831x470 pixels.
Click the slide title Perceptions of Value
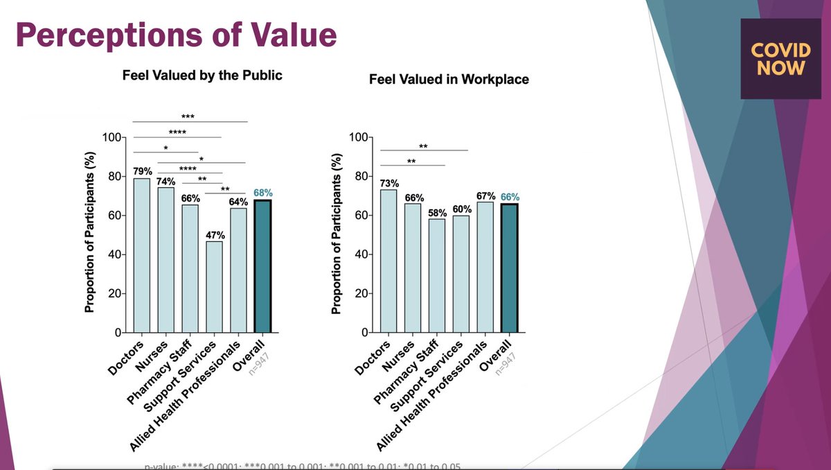(176, 35)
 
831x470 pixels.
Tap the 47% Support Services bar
(214, 286)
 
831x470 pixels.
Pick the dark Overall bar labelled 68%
(262, 266)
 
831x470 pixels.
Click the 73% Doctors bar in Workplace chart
(388, 261)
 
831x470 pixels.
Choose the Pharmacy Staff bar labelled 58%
(436, 276)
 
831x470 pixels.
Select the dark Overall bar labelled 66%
(509, 268)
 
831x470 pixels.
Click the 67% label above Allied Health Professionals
(485, 195)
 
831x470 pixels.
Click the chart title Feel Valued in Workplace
(449, 79)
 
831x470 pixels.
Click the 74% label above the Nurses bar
(166, 181)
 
